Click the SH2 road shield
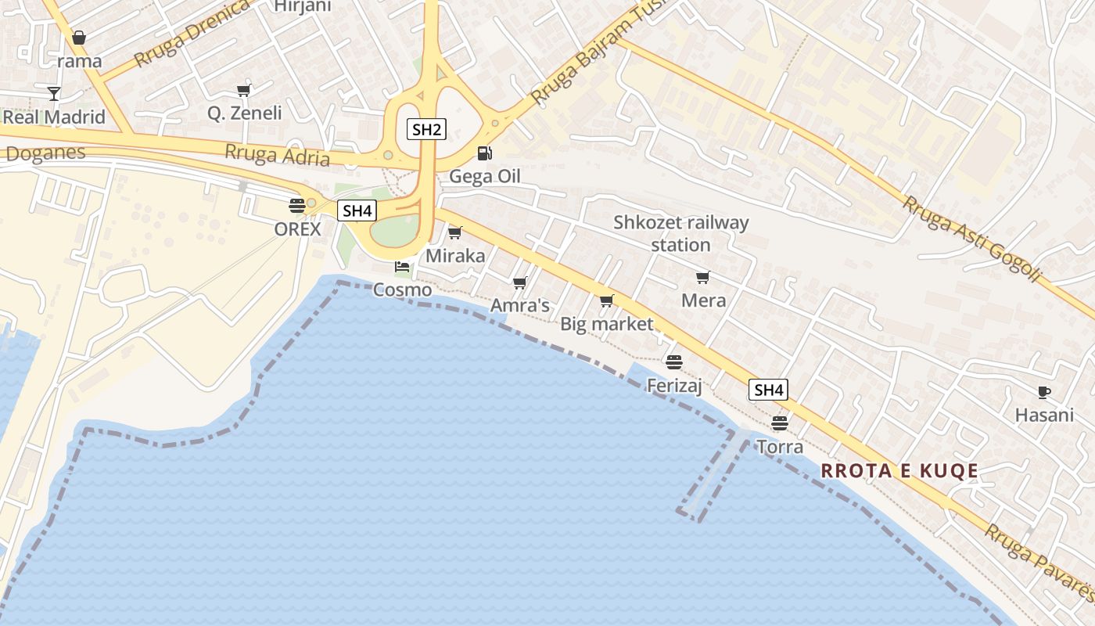click(425, 129)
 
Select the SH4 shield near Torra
click(768, 390)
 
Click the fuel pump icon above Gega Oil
click(484, 153)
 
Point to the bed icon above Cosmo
click(402, 267)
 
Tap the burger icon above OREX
click(296, 206)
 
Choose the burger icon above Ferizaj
click(673, 362)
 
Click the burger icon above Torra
click(779, 423)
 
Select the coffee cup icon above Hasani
click(1043, 392)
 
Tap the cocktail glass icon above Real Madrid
click(53, 94)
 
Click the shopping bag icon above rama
click(79, 38)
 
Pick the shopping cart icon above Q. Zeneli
click(244, 90)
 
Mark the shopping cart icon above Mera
click(702, 277)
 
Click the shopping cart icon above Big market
click(606, 300)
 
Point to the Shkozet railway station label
click(680, 233)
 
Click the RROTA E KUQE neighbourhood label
click(899, 470)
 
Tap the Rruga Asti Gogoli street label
click(971, 239)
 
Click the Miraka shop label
click(455, 256)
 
